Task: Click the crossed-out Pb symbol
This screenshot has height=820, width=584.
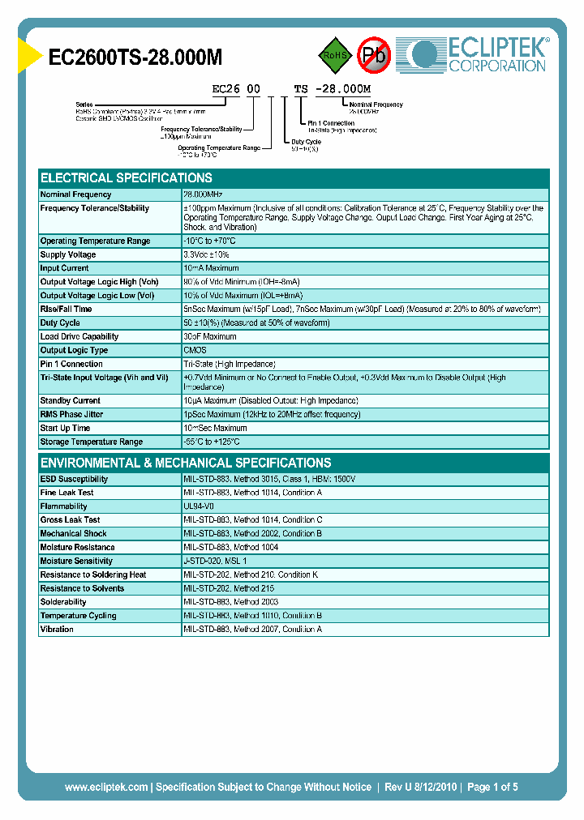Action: point(375,55)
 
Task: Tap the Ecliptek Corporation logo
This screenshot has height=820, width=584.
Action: point(478,54)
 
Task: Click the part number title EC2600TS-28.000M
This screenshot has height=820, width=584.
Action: point(135,57)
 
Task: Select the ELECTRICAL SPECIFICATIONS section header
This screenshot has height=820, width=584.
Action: point(127,177)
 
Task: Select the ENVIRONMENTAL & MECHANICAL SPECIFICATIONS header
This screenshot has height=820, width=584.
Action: point(186,463)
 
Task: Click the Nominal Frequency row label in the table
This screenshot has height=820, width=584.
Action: point(75,194)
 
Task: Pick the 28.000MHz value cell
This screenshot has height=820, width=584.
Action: point(203,194)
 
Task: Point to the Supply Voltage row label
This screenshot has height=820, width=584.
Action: point(68,254)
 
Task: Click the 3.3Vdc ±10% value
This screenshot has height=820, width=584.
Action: point(207,254)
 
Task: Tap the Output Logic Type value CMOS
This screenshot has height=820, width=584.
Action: point(195,350)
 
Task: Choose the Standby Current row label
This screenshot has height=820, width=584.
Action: point(70,400)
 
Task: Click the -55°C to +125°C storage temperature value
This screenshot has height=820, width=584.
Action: point(212,442)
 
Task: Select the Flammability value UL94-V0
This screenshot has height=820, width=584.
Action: point(199,506)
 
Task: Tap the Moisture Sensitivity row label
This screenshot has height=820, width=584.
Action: point(76,561)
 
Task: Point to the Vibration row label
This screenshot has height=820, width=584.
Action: point(57,630)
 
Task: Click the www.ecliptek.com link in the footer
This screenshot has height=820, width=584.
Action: point(106,787)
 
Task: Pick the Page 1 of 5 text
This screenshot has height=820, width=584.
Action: point(491,787)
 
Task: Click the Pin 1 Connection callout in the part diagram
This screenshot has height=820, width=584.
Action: point(331,123)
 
